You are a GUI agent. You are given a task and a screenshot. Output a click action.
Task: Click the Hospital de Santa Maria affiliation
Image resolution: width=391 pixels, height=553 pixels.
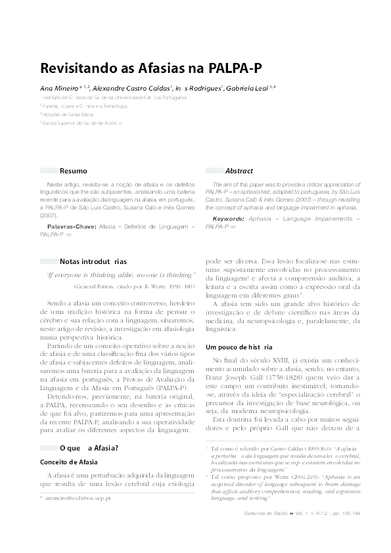coord(64,114)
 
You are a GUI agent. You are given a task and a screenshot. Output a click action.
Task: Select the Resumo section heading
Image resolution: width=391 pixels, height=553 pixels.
coord(73,171)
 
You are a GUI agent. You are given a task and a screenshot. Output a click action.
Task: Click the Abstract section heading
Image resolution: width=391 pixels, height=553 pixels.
coord(239,171)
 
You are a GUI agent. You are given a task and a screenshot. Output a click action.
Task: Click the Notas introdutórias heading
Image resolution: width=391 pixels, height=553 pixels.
coord(93,261)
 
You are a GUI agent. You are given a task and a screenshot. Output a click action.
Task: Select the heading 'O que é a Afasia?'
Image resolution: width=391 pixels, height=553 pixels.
coord(89,448)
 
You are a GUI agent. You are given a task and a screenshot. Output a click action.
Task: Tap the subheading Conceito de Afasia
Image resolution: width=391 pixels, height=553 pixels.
coord(69,462)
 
